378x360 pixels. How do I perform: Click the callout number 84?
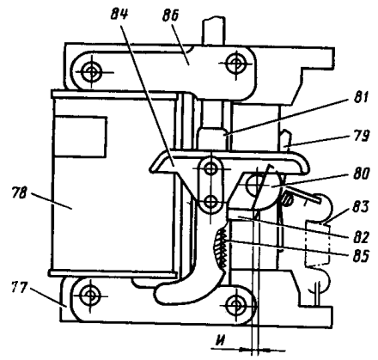119,15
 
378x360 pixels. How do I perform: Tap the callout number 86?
171,15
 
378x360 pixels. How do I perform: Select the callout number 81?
361,97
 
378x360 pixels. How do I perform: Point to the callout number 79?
362,135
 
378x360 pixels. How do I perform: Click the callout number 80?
362,174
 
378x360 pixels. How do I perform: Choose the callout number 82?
360,236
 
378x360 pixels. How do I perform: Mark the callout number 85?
361,256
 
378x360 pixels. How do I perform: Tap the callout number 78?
19,192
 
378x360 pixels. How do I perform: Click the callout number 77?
19,287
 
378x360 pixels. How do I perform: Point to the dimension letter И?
221,341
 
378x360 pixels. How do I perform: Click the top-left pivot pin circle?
91,72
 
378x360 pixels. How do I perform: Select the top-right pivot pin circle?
236,64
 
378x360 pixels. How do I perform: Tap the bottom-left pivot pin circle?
91,296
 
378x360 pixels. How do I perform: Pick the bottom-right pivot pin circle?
236,305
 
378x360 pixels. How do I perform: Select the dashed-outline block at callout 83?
318,244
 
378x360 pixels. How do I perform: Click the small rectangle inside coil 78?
80,137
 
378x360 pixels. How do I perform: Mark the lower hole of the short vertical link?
211,202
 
